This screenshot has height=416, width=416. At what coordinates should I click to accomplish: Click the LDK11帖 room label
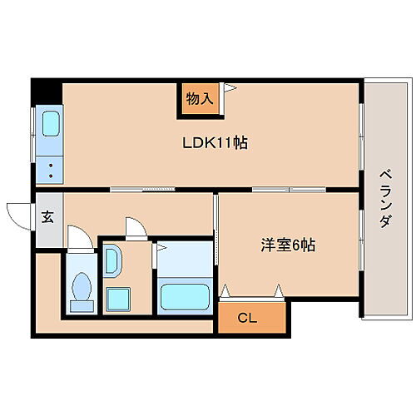[215, 142]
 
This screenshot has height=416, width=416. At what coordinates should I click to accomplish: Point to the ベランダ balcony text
[384, 200]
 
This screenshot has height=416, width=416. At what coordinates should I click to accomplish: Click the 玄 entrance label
[47, 217]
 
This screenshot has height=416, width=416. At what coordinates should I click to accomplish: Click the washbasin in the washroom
[113, 265]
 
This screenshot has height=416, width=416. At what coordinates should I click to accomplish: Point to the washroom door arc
[133, 227]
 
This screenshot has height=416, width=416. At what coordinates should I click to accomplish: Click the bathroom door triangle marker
[160, 247]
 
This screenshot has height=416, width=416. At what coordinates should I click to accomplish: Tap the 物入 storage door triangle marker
[230, 87]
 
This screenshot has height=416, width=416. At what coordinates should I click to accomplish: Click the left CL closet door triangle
[225, 291]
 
